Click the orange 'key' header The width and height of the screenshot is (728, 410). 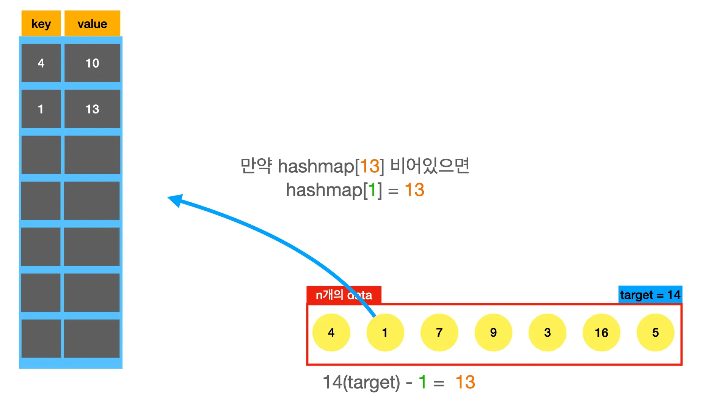[x=41, y=24]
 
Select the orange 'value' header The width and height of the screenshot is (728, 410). [x=92, y=24]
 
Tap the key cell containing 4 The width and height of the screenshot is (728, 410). [x=41, y=63]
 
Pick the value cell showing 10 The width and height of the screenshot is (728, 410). [x=92, y=63]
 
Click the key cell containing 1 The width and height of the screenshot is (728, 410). [x=41, y=109]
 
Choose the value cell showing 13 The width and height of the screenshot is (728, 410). [x=92, y=109]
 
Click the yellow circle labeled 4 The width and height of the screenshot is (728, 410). [x=331, y=333]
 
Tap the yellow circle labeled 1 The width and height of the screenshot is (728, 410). [x=385, y=333]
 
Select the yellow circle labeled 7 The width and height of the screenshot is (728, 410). [x=439, y=333]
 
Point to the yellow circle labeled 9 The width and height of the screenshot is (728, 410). [x=493, y=333]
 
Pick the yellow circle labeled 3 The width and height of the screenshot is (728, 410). [x=547, y=333]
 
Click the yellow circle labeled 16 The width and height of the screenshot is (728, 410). [x=601, y=333]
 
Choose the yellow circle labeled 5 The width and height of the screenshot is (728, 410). [x=655, y=333]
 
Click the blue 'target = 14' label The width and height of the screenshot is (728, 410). [x=650, y=295]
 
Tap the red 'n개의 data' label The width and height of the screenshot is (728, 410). [x=344, y=295]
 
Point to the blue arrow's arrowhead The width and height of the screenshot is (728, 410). [x=175, y=200]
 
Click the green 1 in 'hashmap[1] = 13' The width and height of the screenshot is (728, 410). [x=372, y=190]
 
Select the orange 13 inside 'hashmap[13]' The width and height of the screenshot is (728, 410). [x=369, y=166]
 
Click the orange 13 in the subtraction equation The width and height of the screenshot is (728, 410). [x=465, y=382]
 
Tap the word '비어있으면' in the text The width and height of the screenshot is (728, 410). [x=430, y=166]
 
